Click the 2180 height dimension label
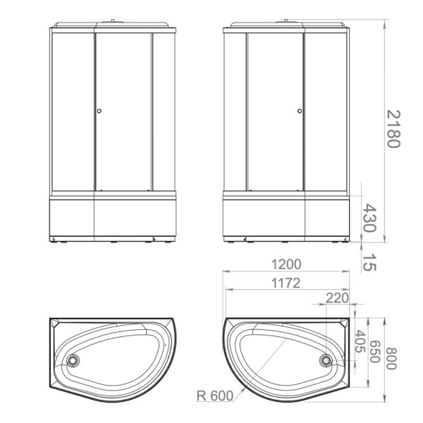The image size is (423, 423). point(393,128)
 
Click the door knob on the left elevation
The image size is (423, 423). point(99,111)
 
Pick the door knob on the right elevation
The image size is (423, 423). point(300,111)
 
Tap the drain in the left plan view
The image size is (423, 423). point(73,360)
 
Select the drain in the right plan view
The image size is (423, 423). point(325,360)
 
